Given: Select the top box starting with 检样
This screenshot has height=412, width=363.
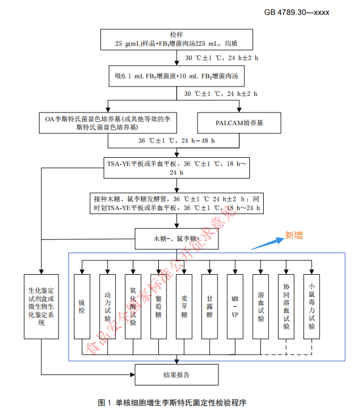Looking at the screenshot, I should click(x=176, y=39).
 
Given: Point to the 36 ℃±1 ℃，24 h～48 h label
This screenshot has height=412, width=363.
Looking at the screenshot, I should click(x=176, y=141).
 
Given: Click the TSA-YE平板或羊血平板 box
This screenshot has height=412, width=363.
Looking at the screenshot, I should click(x=176, y=168).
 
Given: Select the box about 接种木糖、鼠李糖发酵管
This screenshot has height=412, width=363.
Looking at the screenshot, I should click(x=176, y=203).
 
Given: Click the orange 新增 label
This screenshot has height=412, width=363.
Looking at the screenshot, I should click(x=293, y=236).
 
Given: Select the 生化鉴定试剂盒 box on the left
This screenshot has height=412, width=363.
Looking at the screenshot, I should click(x=41, y=306).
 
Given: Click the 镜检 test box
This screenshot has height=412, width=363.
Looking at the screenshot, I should click(x=82, y=307).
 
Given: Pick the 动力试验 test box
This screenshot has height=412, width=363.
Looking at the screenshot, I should click(x=108, y=307).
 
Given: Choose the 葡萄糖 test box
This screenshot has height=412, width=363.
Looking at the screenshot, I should click(x=159, y=307).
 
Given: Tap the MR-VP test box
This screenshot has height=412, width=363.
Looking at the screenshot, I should click(x=235, y=307).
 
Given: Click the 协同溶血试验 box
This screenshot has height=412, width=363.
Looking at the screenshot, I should click(x=286, y=307).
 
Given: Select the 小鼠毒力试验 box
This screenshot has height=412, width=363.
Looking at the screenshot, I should click(x=312, y=307).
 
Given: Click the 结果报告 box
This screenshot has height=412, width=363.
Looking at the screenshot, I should click(x=176, y=375).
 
